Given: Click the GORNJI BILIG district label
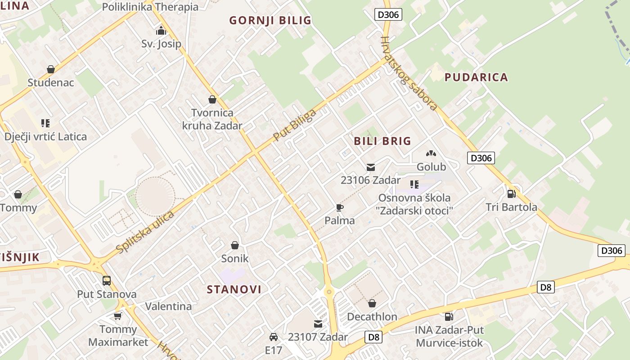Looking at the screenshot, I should pyautogui.click(x=270, y=20).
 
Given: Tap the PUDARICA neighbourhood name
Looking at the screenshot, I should pyautogui.click(x=476, y=77).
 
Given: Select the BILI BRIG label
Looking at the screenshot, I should pyautogui.click(x=382, y=141).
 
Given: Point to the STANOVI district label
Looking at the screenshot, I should pyautogui.click(x=234, y=289).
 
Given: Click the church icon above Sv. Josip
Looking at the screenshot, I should pyautogui.click(x=161, y=31).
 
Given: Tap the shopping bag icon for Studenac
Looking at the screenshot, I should pyautogui.click(x=51, y=69).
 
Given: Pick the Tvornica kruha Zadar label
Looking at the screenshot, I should pyautogui.click(x=212, y=119).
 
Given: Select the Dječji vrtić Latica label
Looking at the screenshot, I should pyautogui.click(x=45, y=136).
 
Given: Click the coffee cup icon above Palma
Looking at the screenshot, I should pyautogui.click(x=340, y=207).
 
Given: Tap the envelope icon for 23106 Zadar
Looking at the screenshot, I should pyautogui.click(x=370, y=167).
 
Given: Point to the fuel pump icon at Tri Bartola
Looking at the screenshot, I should pyautogui.click(x=511, y=193).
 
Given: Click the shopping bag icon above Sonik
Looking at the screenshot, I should pyautogui.click(x=234, y=245).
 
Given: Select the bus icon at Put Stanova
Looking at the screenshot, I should pyautogui.click(x=107, y=281).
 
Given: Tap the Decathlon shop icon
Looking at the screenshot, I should pyautogui.click(x=372, y=303).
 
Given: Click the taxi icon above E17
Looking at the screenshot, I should pyautogui.click(x=273, y=337).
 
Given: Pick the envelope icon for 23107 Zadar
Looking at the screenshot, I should pyautogui.click(x=318, y=324).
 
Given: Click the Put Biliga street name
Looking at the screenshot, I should pyautogui.click(x=295, y=125).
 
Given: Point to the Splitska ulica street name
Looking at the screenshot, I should pyautogui.click(x=145, y=232).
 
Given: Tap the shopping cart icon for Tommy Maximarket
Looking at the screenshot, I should pyautogui.click(x=118, y=316).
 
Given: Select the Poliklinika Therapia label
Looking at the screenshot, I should pyautogui.click(x=150, y=7).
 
